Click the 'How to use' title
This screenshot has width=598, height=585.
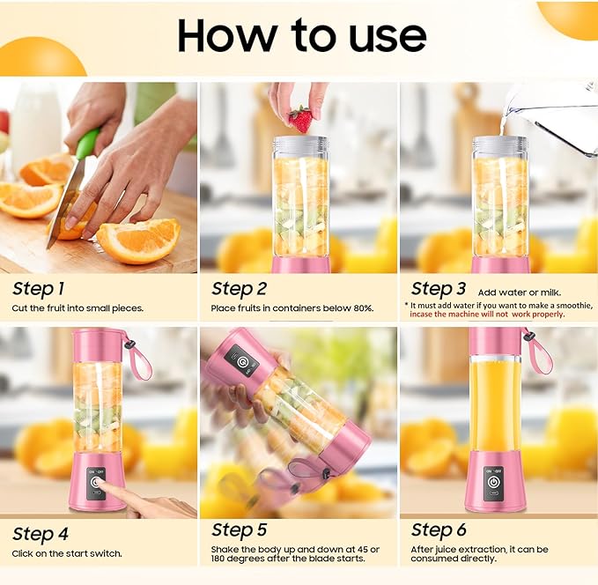click(301, 35)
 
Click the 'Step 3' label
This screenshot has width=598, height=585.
click(439, 288)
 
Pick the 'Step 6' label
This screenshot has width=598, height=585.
click(439, 529)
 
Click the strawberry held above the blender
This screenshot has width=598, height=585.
click(300, 119)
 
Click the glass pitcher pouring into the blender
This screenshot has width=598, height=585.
click(555, 115)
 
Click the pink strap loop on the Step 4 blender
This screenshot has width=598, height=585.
click(139, 357)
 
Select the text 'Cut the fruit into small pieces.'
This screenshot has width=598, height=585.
click(78, 308)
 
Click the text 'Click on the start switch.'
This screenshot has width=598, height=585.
click(67, 553)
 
